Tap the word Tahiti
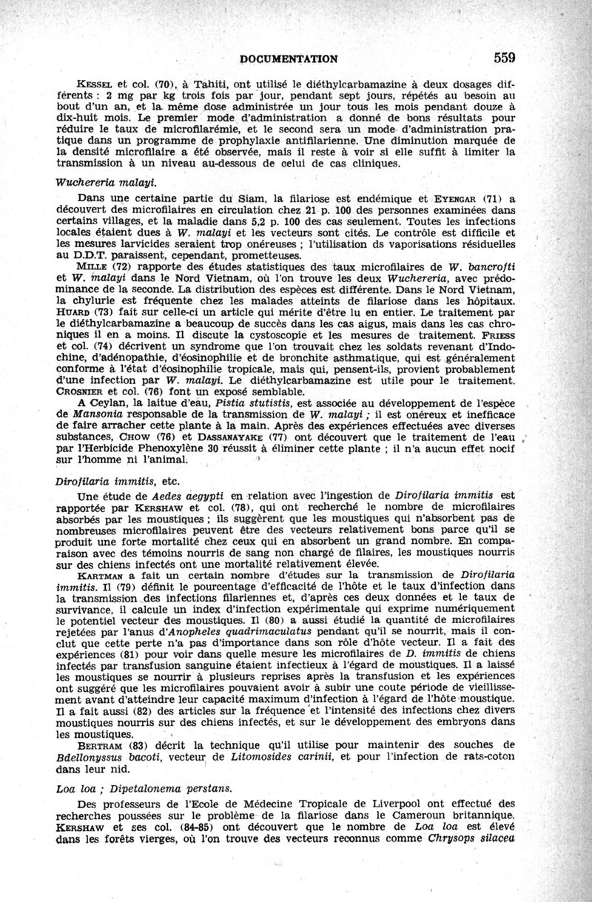click(x=195, y=84)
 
